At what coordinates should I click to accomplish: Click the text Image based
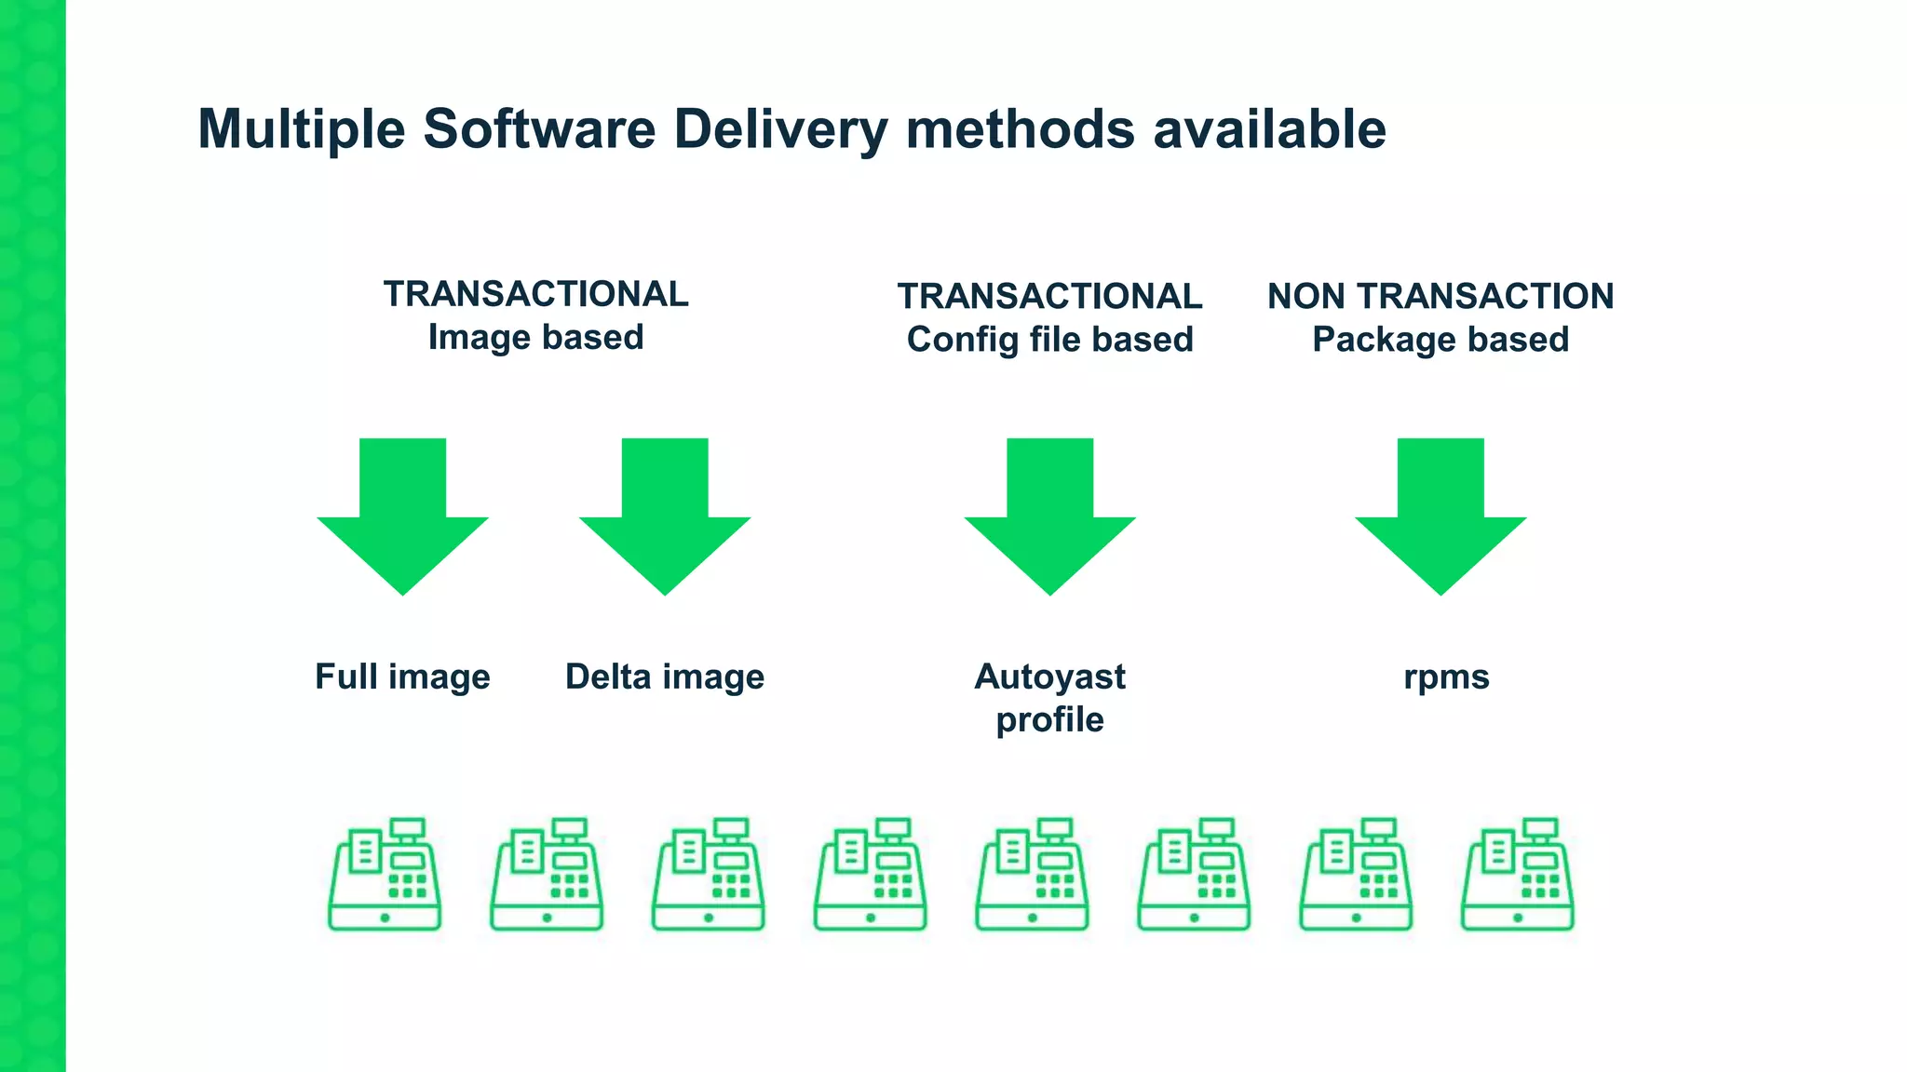[x=535, y=337]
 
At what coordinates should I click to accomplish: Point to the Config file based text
[x=1049, y=340]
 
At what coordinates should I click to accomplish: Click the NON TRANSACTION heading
[x=1440, y=296]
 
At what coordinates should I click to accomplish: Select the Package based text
[x=1440, y=340]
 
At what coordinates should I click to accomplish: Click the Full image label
[x=402, y=677]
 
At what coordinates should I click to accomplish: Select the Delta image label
[x=665, y=677]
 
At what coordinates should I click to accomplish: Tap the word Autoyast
[x=1049, y=677]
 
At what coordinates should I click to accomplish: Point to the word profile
[x=1049, y=719]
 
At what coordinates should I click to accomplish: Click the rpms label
[x=1446, y=677]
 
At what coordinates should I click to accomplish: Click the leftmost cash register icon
[x=385, y=875]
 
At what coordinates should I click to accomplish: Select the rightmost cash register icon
[x=1517, y=875]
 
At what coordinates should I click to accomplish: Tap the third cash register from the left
[x=709, y=875]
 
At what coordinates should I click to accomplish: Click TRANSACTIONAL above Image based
[x=535, y=294]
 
